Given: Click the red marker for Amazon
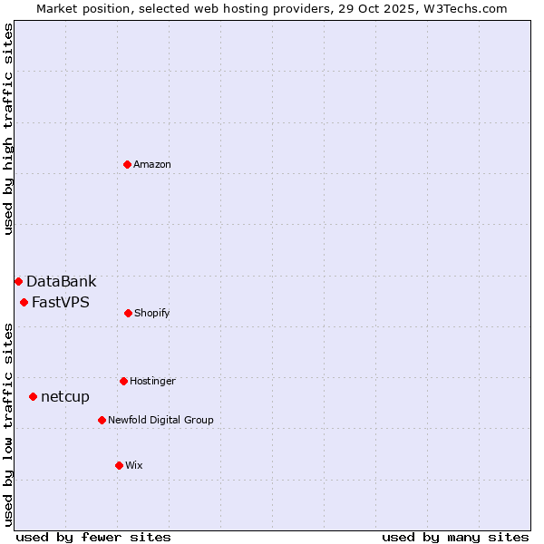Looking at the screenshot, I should tap(127, 164).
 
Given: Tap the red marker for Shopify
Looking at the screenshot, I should tap(128, 313).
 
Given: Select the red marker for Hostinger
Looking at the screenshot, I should tap(123, 381).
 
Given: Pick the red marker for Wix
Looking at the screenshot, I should tap(119, 465).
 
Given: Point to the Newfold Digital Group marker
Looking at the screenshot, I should tap(102, 420).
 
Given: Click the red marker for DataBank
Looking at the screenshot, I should tap(18, 281).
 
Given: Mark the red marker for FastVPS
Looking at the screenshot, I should tap(24, 302).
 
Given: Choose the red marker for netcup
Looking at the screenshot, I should tap(33, 396).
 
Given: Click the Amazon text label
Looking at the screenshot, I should tap(152, 164).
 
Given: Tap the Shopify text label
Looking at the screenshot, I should tap(152, 313).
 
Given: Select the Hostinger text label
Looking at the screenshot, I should tap(152, 381).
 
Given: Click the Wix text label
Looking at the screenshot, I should tap(134, 465).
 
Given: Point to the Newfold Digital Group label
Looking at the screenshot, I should tap(160, 420).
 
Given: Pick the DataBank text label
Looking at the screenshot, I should tap(61, 281).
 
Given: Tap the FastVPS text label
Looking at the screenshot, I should tap(61, 302).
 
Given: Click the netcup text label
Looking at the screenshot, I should tap(65, 396).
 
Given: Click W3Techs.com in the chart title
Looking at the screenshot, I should tap(462, 8).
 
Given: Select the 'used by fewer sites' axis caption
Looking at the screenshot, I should tap(93, 537).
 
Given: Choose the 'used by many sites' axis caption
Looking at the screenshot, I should tap(455, 537).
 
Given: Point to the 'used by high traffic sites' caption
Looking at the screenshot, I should tap(8, 129).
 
